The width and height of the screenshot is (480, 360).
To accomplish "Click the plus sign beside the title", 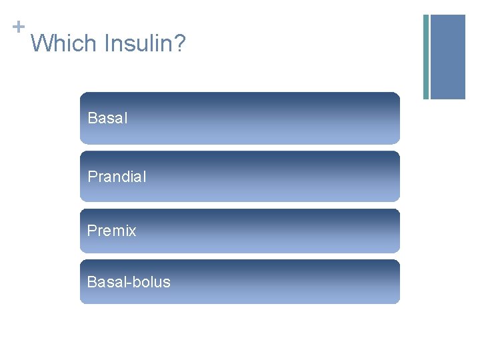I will pyautogui.click(x=18, y=27).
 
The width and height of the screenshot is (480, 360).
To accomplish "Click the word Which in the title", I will pyautogui.click(x=63, y=44).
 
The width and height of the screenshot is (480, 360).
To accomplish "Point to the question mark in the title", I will pyautogui.click(x=180, y=44).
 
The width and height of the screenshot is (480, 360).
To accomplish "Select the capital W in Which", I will pyautogui.click(x=41, y=44).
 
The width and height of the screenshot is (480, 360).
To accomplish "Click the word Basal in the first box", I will pyautogui.click(x=107, y=119).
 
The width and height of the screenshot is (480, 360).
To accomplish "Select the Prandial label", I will pyautogui.click(x=117, y=177).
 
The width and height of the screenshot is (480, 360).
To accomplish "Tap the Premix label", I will pyautogui.click(x=111, y=231).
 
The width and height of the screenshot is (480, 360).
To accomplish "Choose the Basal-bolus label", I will pyautogui.click(x=129, y=282).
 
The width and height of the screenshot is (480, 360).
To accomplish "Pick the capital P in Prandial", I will pyautogui.click(x=92, y=177).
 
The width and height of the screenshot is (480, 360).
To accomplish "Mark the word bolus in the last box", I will pyautogui.click(x=151, y=282).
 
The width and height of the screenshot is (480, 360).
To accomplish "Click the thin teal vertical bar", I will pyautogui.click(x=426, y=57).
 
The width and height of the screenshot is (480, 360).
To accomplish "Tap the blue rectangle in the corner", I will pyautogui.click(x=448, y=57).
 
